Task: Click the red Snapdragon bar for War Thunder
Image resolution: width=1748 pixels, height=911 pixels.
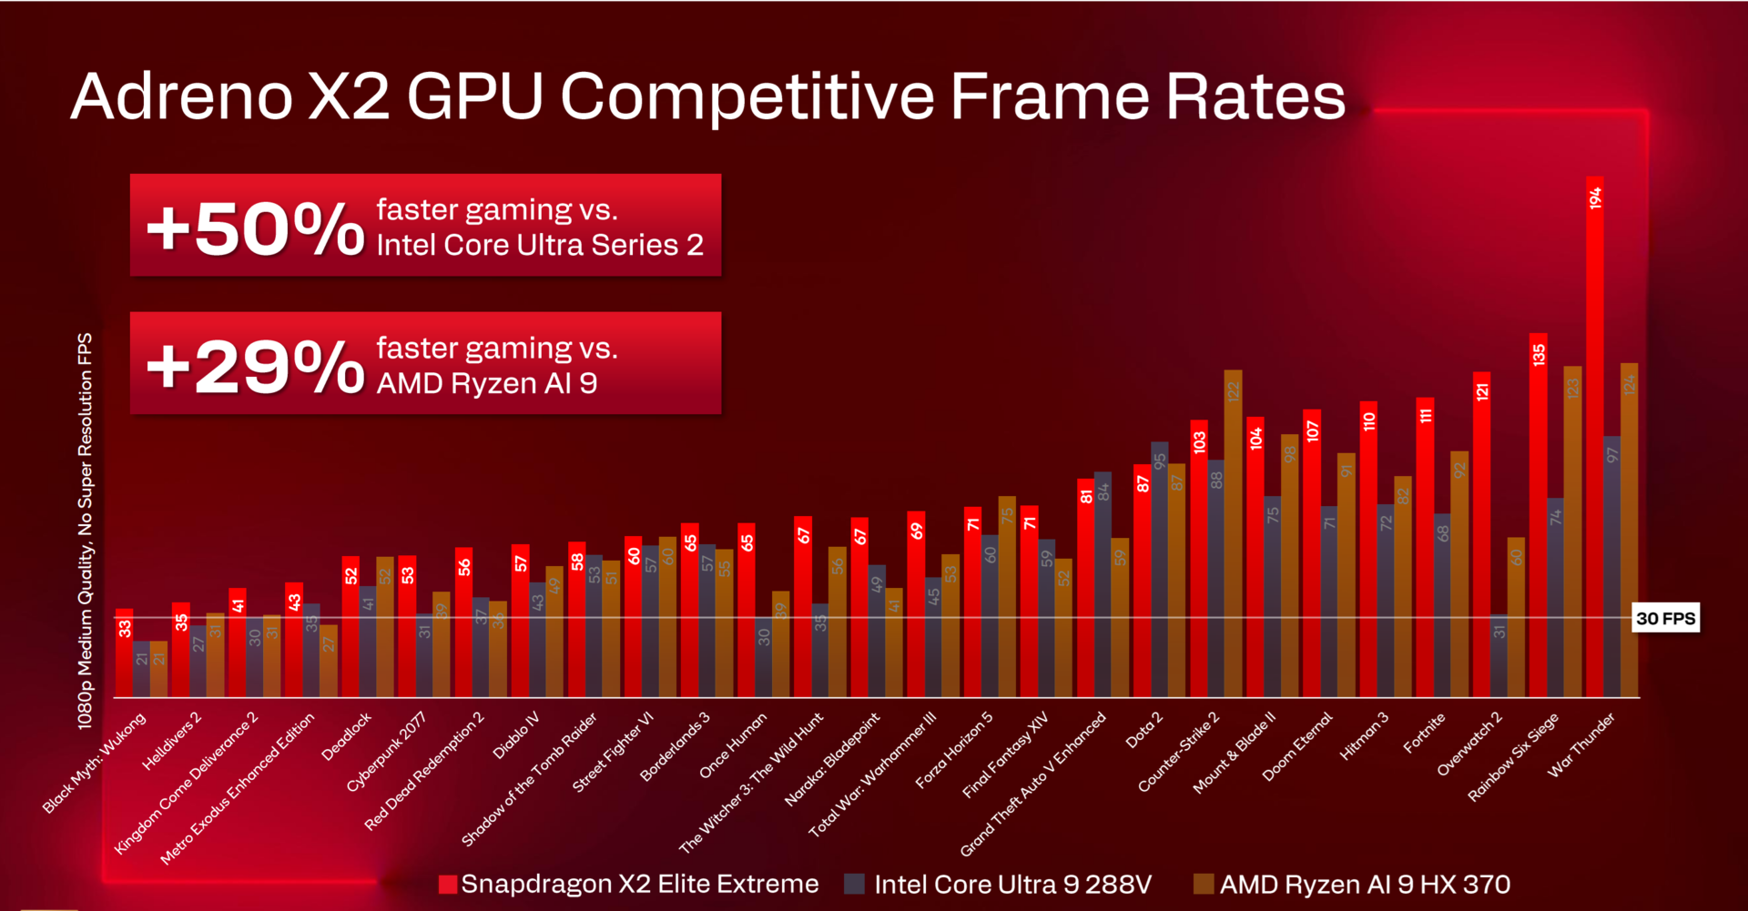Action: tap(1594, 437)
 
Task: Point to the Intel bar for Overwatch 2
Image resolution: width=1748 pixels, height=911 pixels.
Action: tap(1499, 656)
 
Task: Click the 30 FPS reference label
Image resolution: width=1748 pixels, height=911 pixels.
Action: tap(1665, 619)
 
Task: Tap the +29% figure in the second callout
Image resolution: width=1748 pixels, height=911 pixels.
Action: tap(255, 366)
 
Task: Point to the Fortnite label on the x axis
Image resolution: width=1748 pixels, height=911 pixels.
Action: tap(1424, 733)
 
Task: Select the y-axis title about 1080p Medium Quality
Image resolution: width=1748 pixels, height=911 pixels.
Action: tap(85, 531)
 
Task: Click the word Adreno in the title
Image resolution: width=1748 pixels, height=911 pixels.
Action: tap(182, 96)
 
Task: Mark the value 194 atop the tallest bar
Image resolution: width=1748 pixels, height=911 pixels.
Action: tap(1595, 198)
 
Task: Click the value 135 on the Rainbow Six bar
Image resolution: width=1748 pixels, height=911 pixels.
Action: tap(1539, 354)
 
